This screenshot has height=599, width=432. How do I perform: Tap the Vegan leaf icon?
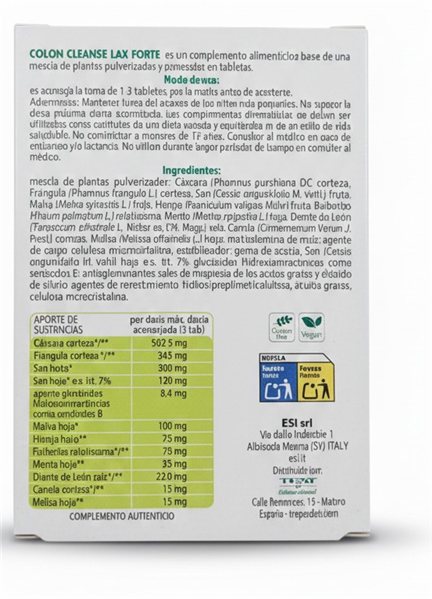tap(313, 327)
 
